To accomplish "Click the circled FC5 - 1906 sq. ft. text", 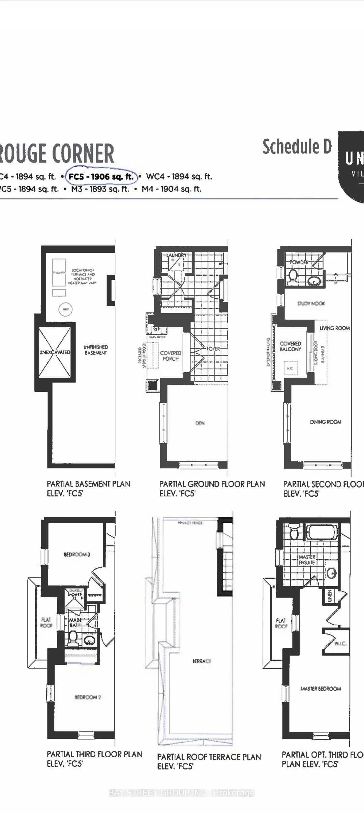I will (101, 177).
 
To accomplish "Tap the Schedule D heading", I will (297, 147).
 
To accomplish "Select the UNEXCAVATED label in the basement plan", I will (55, 352).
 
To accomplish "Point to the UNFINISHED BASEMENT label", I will (96, 350).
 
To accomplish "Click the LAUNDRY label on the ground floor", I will (176, 255).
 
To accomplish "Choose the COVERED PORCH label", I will (171, 356).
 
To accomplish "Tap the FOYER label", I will (213, 349).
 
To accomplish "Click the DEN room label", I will (200, 423).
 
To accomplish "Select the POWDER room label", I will (299, 262).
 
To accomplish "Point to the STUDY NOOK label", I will (311, 303).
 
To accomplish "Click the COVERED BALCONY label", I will (290, 346).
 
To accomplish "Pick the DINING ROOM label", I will (325, 422).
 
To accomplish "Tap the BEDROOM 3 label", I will (77, 554).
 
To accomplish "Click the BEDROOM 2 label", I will (88, 697).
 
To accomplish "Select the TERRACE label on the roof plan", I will (202, 661).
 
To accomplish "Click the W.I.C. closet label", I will (340, 643).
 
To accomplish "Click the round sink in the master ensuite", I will (332, 572).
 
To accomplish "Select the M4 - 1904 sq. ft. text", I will (171, 189).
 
